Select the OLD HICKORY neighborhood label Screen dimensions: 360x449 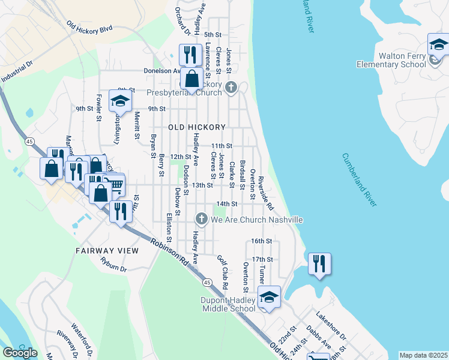pos(197,127)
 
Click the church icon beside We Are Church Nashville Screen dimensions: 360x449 pos(202,220)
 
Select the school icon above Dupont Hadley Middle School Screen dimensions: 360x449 pos(269,297)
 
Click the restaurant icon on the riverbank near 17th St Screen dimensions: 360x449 pos(319,263)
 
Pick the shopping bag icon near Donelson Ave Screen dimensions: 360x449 pos(191,79)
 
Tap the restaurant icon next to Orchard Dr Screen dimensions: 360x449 pos(190,55)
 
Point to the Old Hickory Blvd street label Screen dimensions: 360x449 pos(90,28)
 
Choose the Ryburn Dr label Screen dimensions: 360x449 pos(115,266)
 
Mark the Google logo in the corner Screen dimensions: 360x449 pos(20,353)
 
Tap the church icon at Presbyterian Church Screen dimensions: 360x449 pos(231,89)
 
